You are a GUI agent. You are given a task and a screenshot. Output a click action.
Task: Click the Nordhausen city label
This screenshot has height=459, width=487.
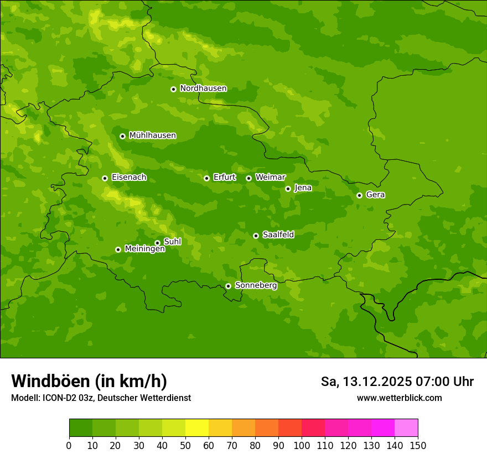[203, 88]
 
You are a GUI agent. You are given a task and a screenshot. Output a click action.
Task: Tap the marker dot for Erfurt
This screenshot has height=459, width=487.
[206, 178]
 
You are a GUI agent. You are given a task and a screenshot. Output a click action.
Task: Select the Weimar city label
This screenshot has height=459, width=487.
[270, 178]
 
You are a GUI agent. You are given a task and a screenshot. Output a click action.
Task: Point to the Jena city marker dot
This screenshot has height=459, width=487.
[288, 189]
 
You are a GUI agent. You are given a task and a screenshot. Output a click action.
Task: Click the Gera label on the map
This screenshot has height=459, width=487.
[375, 195]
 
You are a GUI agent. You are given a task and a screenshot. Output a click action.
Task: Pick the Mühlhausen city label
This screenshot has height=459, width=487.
[152, 135]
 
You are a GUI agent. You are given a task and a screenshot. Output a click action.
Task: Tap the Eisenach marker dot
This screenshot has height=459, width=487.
[105, 178]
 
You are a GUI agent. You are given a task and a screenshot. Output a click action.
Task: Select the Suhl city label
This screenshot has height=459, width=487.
[172, 242]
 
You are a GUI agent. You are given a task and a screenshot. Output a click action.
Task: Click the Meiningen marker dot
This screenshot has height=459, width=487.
[118, 249]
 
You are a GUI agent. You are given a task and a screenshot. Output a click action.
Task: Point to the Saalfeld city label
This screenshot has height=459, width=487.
[278, 235]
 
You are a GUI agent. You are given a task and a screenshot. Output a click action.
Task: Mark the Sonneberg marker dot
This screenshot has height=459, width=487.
[228, 286]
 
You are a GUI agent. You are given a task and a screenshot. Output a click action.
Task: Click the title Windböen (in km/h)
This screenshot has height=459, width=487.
[89, 382]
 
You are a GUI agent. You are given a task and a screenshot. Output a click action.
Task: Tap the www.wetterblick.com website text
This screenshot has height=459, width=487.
[399, 398]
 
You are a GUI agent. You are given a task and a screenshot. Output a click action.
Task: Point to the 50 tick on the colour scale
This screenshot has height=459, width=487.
[185, 445]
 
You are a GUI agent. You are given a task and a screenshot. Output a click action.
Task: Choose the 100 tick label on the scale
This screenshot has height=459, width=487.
[302, 445]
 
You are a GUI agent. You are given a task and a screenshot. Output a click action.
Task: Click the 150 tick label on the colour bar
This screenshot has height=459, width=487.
[418, 445]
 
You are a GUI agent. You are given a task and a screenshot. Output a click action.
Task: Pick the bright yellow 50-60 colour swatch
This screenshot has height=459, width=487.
[197, 428]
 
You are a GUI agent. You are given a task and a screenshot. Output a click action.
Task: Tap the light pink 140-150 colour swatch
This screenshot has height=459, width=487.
[406, 428]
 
